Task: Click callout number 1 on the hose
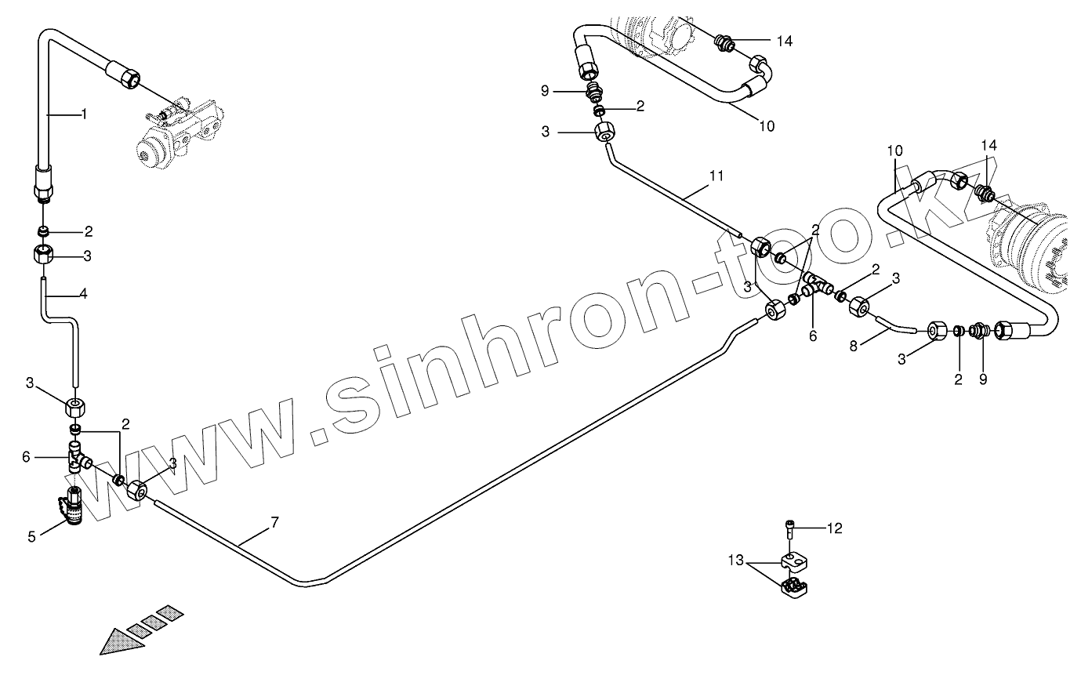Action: (84, 114)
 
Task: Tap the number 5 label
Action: (32, 537)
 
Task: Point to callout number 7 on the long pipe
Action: (274, 522)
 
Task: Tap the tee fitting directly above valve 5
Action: (78, 456)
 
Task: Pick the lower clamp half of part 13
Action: (796, 587)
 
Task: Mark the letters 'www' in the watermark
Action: (157, 463)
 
